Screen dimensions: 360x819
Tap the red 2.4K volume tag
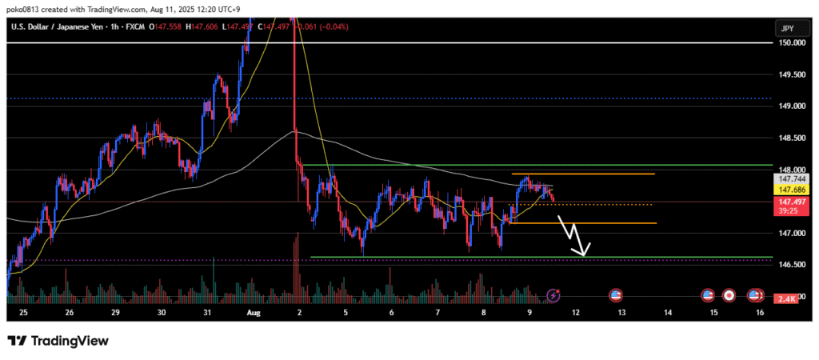coord(785,299)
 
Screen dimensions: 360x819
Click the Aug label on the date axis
coord(253,314)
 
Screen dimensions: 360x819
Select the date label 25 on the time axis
coord(22,314)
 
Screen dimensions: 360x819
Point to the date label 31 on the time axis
coord(207,314)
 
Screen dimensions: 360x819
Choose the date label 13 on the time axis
coord(622,314)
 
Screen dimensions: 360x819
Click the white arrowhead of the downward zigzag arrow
coord(585,254)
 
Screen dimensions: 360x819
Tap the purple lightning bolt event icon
coord(553,296)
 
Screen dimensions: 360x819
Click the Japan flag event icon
coord(729,296)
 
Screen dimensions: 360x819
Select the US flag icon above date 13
coord(616,296)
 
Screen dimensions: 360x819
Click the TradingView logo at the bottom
coord(58,341)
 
